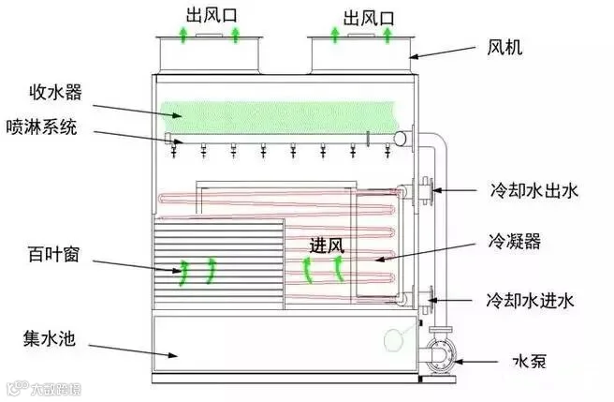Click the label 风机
[x=504, y=48]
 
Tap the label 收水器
[x=55, y=93]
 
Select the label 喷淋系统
[x=41, y=127]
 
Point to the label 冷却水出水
[x=534, y=191]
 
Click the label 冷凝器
[x=514, y=241]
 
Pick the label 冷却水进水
[x=530, y=301]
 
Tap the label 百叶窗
[x=53, y=254]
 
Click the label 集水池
[x=49, y=338]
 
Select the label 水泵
[x=530, y=362]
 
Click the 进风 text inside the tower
[x=327, y=246]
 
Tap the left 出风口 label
[x=212, y=15]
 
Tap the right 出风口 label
[x=369, y=18]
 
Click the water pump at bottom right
[x=442, y=354]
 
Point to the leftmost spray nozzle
[x=174, y=151]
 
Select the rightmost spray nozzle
[x=387, y=151]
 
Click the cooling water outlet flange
[x=426, y=191]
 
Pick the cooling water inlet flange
[x=427, y=300]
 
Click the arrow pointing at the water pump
[x=475, y=362]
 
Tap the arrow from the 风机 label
[x=443, y=52]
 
